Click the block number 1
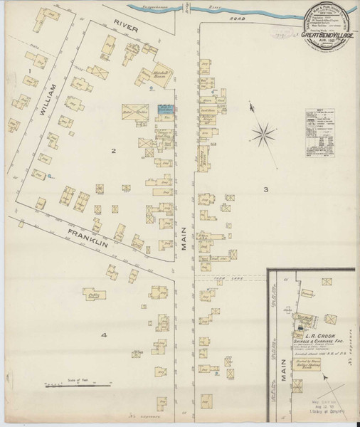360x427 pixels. [x=31, y=70]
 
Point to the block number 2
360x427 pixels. [x=112, y=150]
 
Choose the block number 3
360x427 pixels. [x=265, y=189]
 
